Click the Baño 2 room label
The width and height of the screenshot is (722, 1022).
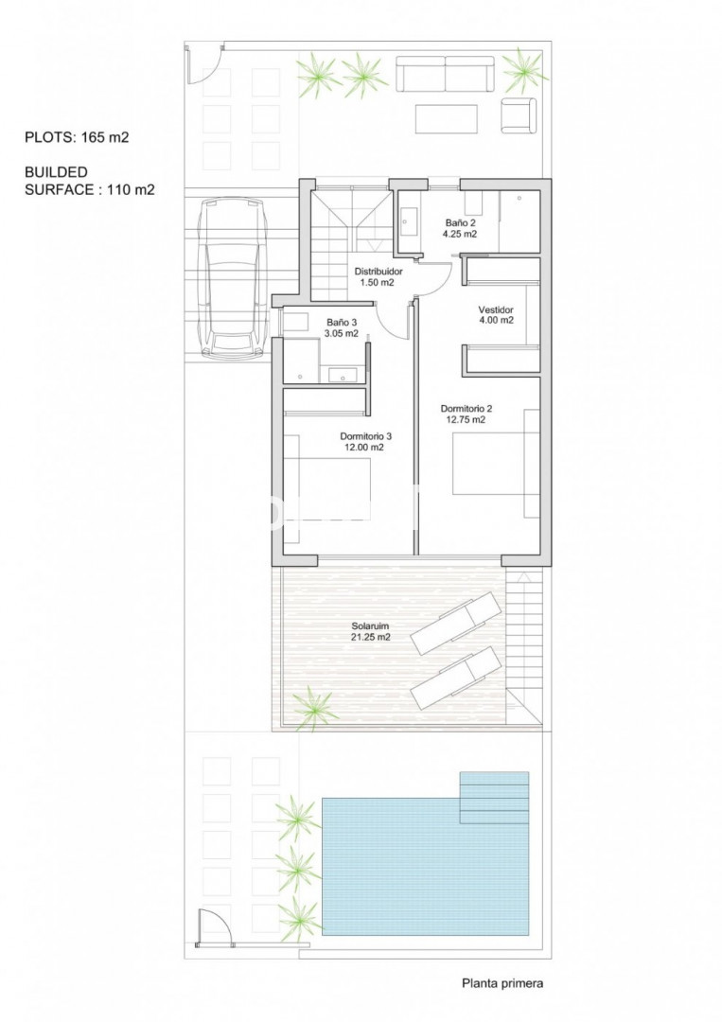(460, 228)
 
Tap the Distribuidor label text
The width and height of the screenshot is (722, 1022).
(378, 277)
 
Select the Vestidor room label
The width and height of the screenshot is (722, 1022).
(496, 315)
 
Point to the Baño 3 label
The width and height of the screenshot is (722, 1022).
(343, 327)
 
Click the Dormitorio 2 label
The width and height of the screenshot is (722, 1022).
(466, 414)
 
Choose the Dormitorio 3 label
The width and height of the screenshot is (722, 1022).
(365, 442)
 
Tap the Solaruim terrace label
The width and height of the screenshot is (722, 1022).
(370, 631)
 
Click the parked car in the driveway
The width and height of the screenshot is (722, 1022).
(234, 278)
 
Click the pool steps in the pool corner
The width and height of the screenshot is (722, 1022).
(494, 798)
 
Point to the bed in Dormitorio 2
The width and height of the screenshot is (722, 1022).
(496, 464)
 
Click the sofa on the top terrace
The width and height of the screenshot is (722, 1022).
(446, 74)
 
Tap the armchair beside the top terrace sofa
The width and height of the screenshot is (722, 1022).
(519, 115)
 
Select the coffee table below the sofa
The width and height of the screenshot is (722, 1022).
(447, 118)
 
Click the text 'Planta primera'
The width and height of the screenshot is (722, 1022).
(502, 983)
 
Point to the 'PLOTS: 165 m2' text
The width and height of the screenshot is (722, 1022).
(77, 137)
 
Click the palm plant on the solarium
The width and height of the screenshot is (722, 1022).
(314, 709)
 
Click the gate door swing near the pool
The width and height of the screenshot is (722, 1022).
(212, 925)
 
